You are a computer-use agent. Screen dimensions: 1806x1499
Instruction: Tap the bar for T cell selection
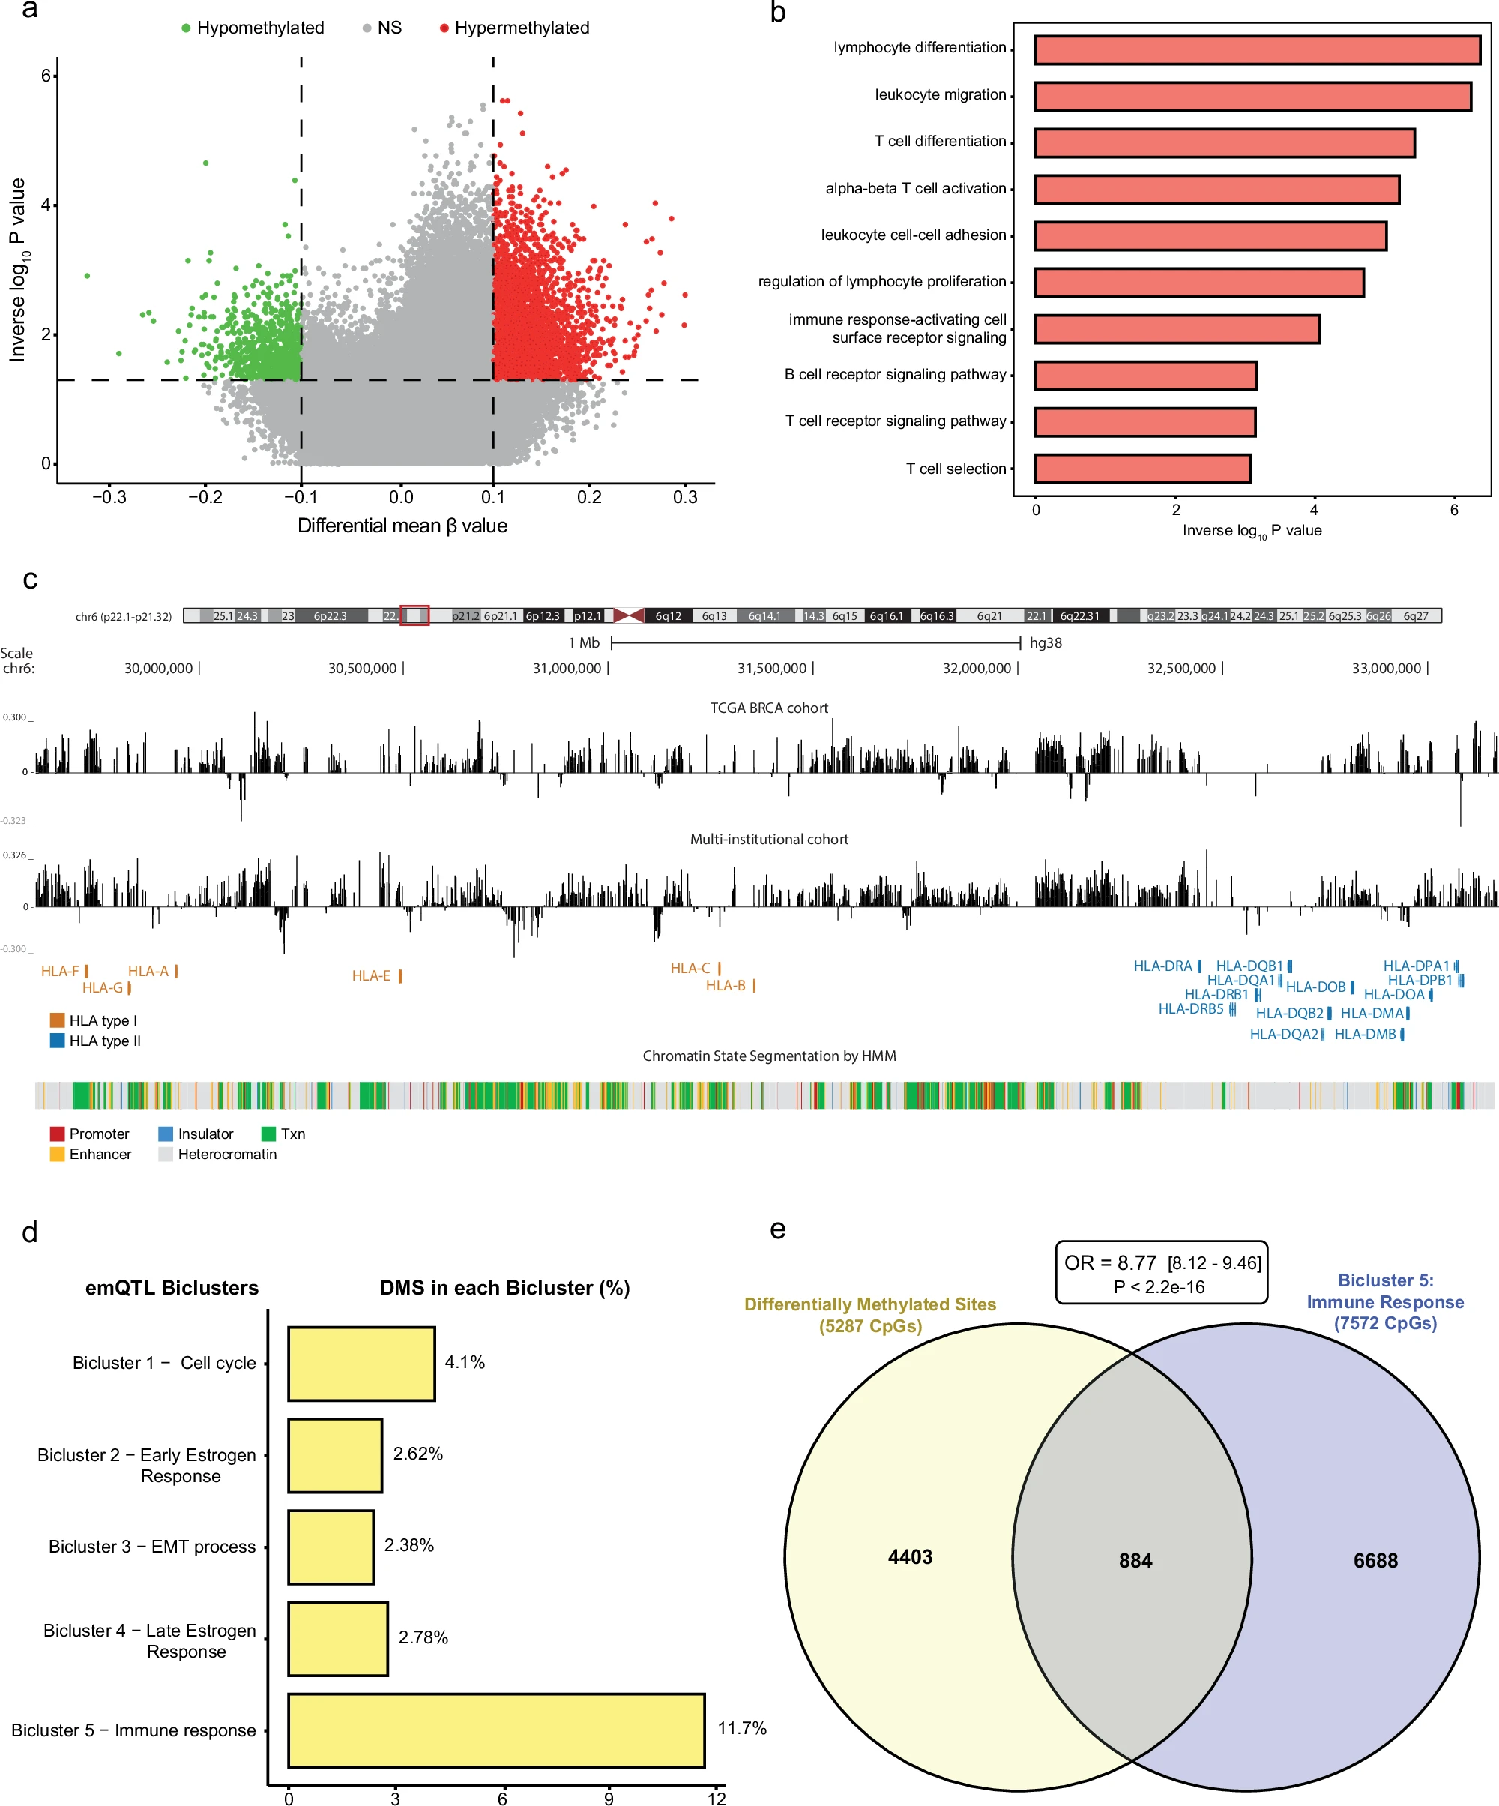1142,469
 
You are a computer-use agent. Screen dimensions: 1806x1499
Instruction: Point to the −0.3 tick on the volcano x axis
109,497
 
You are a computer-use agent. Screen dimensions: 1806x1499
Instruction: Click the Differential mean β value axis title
402,526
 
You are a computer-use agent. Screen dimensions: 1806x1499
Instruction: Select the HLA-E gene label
372,976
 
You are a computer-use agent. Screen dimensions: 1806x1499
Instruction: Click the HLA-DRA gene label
1162,966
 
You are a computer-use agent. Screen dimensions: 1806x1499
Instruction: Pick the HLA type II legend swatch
58,1041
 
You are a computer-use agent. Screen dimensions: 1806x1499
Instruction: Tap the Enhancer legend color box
58,1154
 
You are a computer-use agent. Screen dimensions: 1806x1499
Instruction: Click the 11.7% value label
742,1728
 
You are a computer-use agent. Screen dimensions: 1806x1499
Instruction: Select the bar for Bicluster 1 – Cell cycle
361,1363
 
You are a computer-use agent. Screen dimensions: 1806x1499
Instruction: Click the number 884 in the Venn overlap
1135,1561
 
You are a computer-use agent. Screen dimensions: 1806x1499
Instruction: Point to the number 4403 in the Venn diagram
910,1556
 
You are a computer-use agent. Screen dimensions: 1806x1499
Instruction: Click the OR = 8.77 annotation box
1162,1273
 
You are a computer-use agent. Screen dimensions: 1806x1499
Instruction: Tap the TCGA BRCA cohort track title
769,708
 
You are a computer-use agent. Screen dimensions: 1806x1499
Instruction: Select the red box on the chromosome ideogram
414,615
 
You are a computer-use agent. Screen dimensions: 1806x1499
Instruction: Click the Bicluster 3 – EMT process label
152,1547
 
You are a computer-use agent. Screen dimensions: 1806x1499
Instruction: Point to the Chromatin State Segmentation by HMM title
769,1056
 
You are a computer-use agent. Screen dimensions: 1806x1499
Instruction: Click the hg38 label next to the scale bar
1046,642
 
